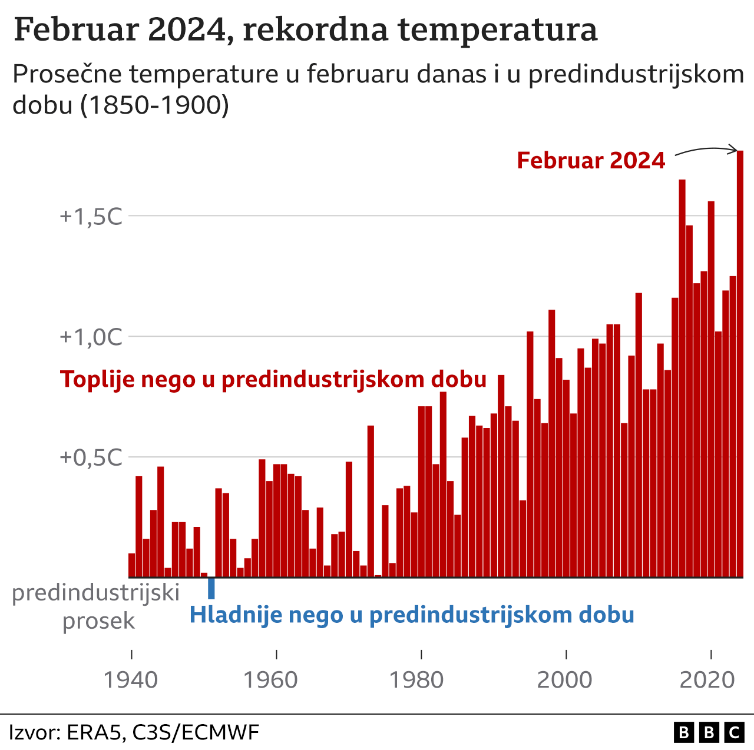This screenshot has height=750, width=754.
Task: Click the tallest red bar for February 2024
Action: [x=740, y=365]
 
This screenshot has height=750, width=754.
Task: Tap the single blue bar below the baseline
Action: [x=211, y=588]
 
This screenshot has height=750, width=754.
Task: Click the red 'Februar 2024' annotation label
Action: [x=591, y=161]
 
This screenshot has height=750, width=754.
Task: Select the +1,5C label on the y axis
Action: [x=91, y=217]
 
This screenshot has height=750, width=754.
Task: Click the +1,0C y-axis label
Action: [x=91, y=337]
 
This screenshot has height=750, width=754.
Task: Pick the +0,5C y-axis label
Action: [x=91, y=457]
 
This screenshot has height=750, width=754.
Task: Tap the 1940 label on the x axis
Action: [x=131, y=680]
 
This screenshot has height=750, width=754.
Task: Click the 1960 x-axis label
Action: [x=270, y=680]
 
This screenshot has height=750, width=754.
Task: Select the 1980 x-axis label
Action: [x=416, y=680]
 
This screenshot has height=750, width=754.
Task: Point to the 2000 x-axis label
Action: [x=564, y=680]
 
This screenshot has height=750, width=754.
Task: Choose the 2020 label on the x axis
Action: [x=707, y=680]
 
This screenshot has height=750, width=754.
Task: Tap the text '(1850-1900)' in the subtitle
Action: [x=154, y=105]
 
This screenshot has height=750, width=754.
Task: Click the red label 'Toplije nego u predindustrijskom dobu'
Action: [x=273, y=379]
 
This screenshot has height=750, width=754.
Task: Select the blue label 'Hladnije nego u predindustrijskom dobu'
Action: [x=412, y=615]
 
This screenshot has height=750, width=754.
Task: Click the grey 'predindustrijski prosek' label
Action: [x=96, y=606]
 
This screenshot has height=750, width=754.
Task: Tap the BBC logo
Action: [x=709, y=732]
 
